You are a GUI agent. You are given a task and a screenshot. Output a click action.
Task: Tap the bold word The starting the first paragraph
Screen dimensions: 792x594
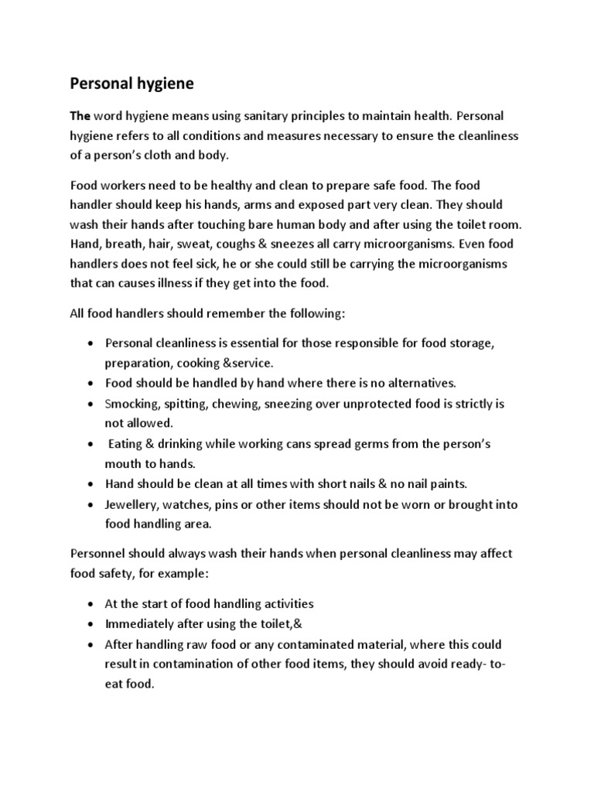point(80,116)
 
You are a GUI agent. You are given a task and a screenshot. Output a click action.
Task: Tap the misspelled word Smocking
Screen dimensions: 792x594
point(131,404)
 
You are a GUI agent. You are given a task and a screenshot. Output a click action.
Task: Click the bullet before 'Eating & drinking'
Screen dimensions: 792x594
point(92,445)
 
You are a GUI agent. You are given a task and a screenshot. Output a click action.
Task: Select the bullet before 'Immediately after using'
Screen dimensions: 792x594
point(92,623)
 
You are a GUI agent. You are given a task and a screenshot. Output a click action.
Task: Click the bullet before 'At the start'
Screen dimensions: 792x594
point(92,603)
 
